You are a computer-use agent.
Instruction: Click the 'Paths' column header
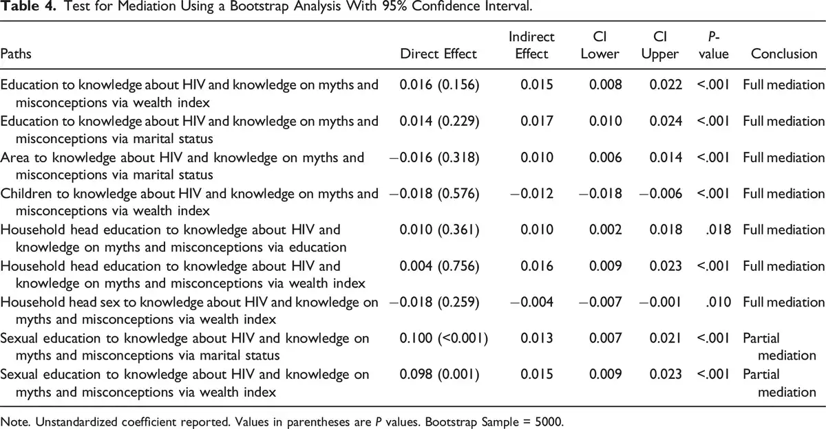16,54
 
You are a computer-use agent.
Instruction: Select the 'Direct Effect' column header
438,54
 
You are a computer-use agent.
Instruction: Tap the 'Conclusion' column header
784,54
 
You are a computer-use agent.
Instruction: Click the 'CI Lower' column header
600,45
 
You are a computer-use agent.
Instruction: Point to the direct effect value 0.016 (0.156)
439,85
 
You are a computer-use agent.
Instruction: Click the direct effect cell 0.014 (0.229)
439,121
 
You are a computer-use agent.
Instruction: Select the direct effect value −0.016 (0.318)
434,157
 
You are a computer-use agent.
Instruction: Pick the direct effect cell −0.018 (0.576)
434,194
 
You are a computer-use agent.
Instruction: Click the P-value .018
718,230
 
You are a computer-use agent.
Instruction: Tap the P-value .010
718,302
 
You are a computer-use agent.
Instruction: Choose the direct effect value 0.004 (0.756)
439,266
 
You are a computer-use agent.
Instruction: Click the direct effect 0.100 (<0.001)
443,338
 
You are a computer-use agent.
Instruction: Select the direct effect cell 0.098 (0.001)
439,375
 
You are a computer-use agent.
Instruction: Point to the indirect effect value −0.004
531,302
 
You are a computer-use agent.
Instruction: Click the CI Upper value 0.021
666,338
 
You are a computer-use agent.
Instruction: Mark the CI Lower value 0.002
606,230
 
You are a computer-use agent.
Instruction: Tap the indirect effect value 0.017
537,121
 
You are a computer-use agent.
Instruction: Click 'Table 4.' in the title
28,6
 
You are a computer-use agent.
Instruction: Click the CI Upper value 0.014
666,157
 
